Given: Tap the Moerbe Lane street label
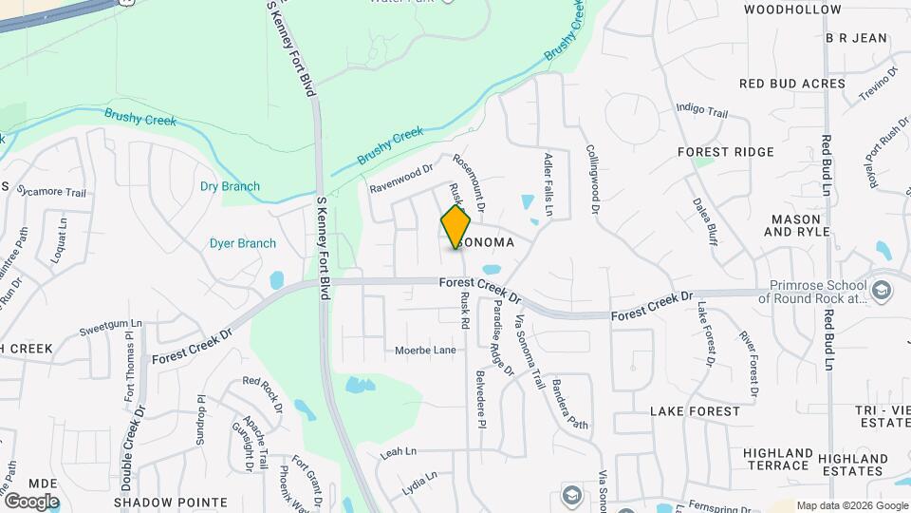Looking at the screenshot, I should pos(425,351).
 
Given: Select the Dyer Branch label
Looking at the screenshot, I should pos(243,243).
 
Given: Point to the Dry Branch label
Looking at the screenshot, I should pos(230,186).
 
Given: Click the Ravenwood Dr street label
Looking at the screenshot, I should pos(400,175).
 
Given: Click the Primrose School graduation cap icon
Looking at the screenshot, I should pos(882,289).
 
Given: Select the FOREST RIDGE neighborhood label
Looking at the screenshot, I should pos(726,152).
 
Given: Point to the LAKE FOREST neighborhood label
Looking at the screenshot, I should pos(695,411).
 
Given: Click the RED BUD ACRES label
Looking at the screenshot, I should pos(792,84).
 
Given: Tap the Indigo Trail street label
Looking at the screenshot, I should pos(702,112).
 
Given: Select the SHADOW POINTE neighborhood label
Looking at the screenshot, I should pos(171,503).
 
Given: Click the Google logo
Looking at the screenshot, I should pos(30,501).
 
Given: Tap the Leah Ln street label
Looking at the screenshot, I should pos(399,454).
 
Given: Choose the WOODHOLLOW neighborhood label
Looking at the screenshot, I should pos(792,9).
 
